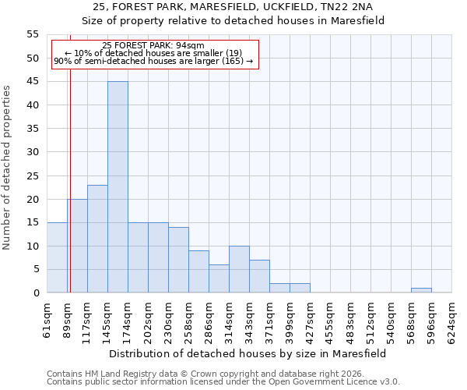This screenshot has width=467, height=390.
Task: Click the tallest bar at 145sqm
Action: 118,187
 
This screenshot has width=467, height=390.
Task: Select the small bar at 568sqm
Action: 421,290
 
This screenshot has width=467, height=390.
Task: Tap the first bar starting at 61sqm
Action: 57,257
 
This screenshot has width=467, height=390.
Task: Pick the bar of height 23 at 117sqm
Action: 97,239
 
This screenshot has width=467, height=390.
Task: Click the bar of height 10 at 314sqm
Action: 239,269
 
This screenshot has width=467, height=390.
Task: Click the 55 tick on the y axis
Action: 32,34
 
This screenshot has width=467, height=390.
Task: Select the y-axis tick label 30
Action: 32,152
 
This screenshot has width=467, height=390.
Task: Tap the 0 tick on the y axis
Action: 35,293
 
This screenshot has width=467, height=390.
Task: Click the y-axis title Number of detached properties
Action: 7,168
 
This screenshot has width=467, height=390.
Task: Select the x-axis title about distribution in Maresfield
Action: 248,353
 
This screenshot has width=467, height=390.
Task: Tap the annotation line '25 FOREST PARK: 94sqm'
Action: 153,46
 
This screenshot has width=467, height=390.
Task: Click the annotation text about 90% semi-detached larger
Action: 153,61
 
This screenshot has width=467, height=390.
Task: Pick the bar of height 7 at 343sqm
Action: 259,276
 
